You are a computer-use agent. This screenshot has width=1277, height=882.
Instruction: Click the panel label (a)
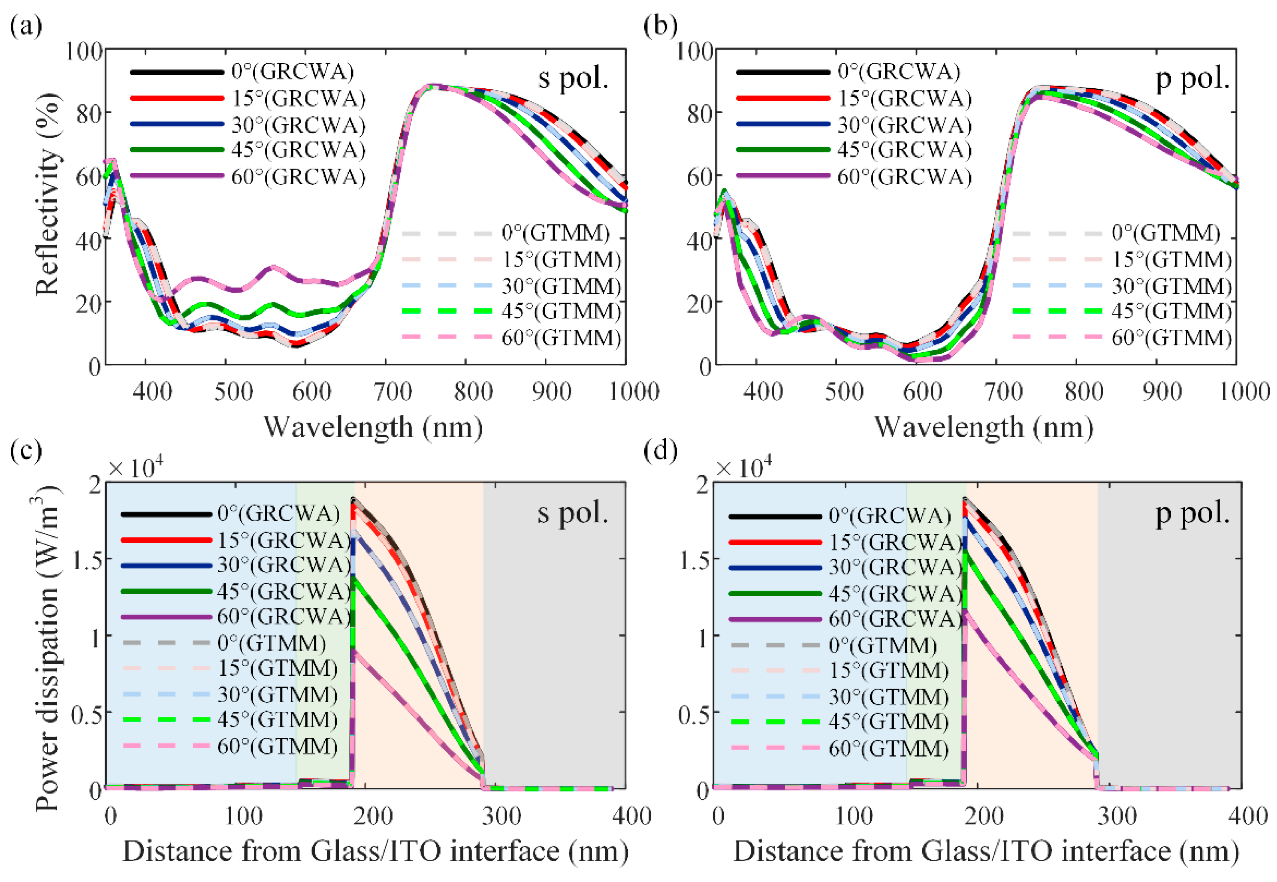click(26, 26)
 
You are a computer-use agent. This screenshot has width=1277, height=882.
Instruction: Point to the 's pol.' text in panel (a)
click(573, 78)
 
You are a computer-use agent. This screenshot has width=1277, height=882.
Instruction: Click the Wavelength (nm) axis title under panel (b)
click(983, 427)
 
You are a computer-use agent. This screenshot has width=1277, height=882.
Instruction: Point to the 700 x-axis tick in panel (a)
click(393, 391)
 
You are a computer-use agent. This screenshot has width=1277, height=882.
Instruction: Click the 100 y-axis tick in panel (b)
click(694, 51)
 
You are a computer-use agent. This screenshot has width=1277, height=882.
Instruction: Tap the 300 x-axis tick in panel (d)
click(1116, 816)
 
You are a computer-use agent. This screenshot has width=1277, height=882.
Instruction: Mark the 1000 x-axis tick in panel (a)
click(634, 391)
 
